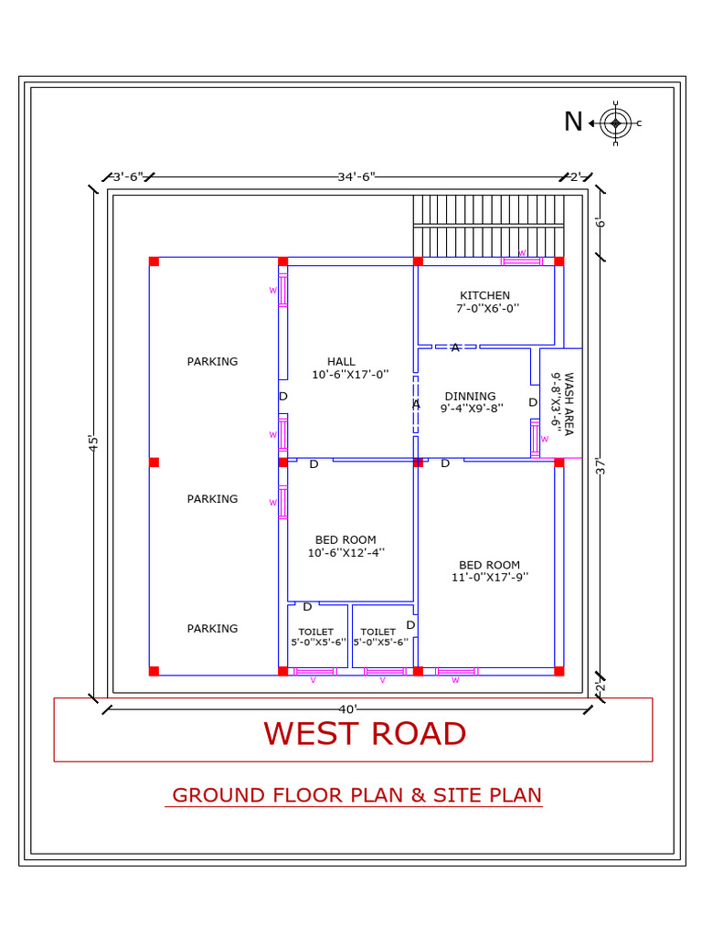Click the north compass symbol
(x=616, y=122)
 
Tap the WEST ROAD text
(x=365, y=733)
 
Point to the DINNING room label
(x=471, y=402)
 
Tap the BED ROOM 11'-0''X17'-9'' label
(x=489, y=571)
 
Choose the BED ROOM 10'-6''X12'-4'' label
(x=346, y=546)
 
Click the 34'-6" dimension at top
(x=356, y=176)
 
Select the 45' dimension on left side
(x=92, y=441)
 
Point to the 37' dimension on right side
(x=601, y=465)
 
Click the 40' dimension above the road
(x=348, y=708)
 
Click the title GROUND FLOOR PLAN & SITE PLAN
(x=356, y=795)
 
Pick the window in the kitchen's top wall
(x=521, y=261)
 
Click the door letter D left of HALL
(x=283, y=396)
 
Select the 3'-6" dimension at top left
(x=127, y=176)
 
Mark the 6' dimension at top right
(x=601, y=222)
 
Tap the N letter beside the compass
(x=573, y=122)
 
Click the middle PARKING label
(x=212, y=499)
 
